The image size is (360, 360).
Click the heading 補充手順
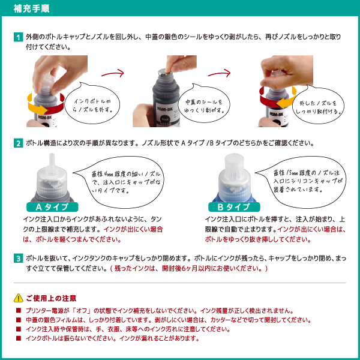tap(31, 8)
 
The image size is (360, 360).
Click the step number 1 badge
tap(19, 37)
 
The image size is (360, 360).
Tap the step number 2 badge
tap(19, 143)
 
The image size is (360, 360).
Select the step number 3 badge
tap(19, 259)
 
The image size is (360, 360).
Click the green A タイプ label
tap(52, 207)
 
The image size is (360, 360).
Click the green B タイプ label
tap(234, 207)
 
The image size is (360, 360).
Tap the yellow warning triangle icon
tap(19, 298)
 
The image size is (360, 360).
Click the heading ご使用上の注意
tap(51, 298)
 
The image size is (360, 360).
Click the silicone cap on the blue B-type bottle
tap(234, 163)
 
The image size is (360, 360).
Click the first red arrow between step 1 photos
tap(113, 73)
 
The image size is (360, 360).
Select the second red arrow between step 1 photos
tap(219, 73)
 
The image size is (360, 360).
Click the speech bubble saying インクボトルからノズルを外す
tap(92, 104)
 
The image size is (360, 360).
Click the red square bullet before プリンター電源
tap(19, 311)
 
